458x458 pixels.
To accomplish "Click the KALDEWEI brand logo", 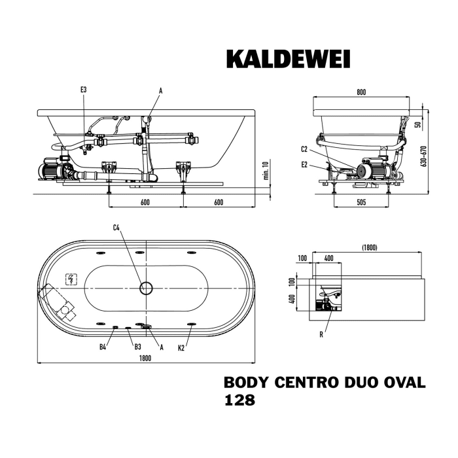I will [288, 59].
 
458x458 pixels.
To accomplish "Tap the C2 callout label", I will [304, 148].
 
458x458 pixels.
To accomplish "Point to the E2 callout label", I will [304, 165].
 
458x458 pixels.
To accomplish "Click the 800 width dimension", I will [361, 92].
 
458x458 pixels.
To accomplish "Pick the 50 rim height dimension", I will [417, 123].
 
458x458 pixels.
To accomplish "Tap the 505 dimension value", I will [361, 202].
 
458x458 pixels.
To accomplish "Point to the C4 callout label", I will [116, 228].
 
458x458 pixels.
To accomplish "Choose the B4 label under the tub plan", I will [103, 347].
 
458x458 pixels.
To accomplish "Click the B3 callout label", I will [138, 347].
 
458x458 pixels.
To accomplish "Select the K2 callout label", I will [181, 347].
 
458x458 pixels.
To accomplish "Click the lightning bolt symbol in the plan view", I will [71, 280].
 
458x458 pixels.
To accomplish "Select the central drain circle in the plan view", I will [147, 287].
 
